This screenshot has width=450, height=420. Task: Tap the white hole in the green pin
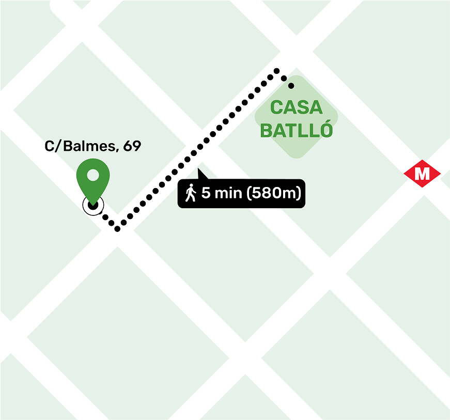93,175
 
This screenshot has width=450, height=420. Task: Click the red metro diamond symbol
422,174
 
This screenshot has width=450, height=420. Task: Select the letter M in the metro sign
422,174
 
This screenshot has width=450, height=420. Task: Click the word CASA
297,107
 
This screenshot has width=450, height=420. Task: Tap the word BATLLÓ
297,131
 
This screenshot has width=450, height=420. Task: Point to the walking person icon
191,193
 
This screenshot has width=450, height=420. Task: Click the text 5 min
222,194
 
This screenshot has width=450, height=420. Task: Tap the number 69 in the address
132,146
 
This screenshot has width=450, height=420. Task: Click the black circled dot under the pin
93,205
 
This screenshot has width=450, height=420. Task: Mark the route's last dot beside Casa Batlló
291,85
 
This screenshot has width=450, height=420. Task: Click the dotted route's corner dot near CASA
277,70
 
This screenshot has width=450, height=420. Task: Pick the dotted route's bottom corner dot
118,229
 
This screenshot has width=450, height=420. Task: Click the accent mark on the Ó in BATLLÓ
323,120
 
